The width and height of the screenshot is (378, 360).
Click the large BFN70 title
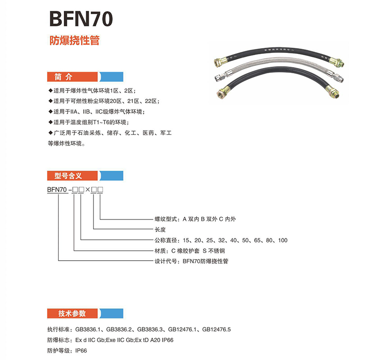[81, 20]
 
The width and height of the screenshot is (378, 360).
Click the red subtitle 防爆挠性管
[74, 41]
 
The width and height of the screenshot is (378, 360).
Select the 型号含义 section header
[69, 176]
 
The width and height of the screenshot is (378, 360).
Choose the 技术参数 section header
[69, 313]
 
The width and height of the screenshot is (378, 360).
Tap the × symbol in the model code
[87, 190]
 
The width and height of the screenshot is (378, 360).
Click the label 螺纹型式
[166, 220]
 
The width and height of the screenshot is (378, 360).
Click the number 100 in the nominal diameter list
[283, 240]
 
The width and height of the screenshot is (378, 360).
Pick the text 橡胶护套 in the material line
[193, 251]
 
